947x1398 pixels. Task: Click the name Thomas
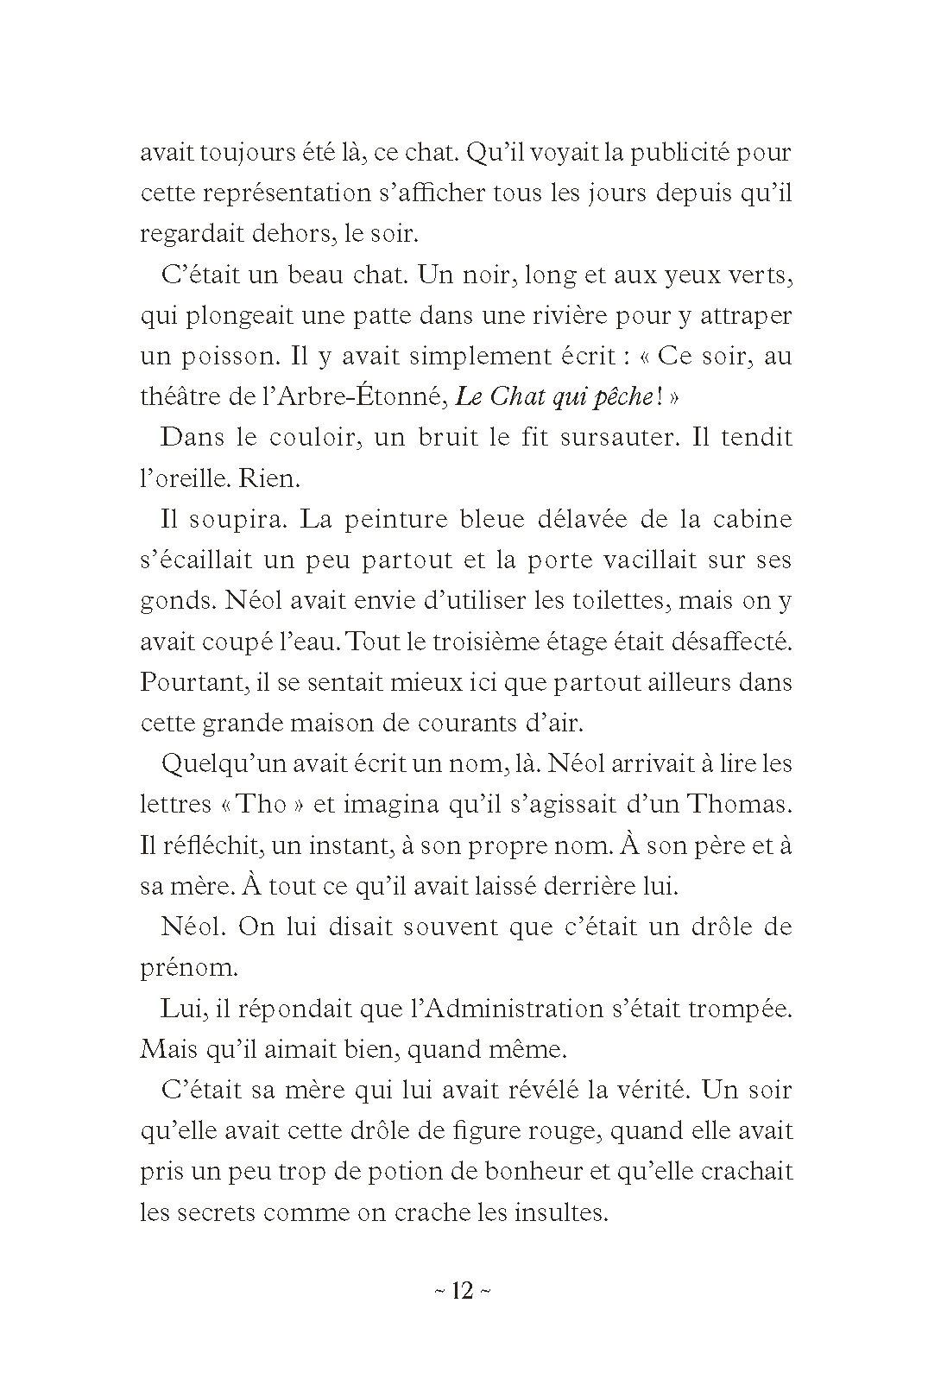pyautogui.click(x=738, y=805)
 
